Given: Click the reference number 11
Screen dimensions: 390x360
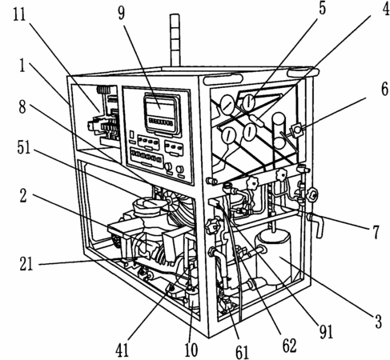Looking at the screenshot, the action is [x=19, y=14].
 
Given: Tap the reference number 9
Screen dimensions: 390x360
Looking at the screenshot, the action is [x=122, y=13].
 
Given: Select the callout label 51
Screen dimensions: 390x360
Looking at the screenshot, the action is [x=24, y=147].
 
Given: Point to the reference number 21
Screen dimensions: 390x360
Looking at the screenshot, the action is [x=26, y=264].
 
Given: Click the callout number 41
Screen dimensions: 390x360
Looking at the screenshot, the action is [x=122, y=350].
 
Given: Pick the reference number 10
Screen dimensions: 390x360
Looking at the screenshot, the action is [x=191, y=350].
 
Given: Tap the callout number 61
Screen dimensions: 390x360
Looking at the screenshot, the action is [x=242, y=352].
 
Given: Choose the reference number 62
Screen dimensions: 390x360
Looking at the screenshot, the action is [x=289, y=346].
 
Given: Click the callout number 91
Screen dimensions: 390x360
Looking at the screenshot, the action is [x=327, y=332].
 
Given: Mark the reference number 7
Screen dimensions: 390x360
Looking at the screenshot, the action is [x=376, y=232].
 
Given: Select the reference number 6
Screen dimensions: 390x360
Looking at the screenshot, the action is [x=384, y=89].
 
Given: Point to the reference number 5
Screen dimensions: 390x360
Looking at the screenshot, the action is [x=323, y=8].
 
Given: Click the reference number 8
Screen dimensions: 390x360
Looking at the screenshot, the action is [x=22, y=107].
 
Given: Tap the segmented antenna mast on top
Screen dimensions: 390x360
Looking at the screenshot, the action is [x=175, y=40].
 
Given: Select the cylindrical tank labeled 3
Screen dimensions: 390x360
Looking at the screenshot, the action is [x=273, y=257].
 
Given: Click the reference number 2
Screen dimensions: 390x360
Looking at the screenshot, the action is [x=23, y=196].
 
